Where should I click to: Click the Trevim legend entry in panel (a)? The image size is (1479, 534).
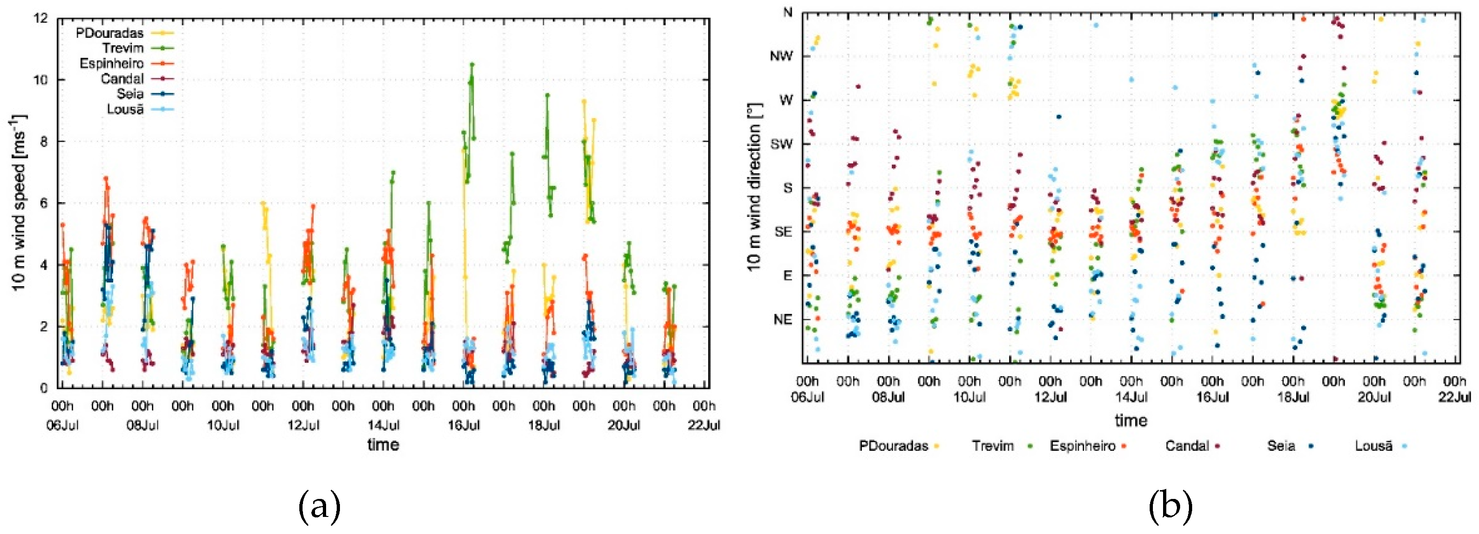(x=123, y=48)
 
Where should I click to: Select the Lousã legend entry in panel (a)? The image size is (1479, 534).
(x=125, y=109)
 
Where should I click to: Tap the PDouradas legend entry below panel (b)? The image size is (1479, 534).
(x=893, y=446)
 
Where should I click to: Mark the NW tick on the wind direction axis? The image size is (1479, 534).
(x=782, y=56)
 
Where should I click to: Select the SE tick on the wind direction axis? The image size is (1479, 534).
(x=783, y=232)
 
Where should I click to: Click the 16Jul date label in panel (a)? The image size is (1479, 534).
(x=463, y=425)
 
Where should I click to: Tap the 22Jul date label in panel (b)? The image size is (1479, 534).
(x=1455, y=397)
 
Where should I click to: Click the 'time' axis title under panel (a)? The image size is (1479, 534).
(x=383, y=444)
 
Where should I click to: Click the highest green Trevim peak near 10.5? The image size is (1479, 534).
(x=472, y=64)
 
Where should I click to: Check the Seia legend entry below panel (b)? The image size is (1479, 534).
(x=1281, y=446)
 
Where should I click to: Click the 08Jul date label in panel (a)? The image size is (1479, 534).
(x=142, y=425)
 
